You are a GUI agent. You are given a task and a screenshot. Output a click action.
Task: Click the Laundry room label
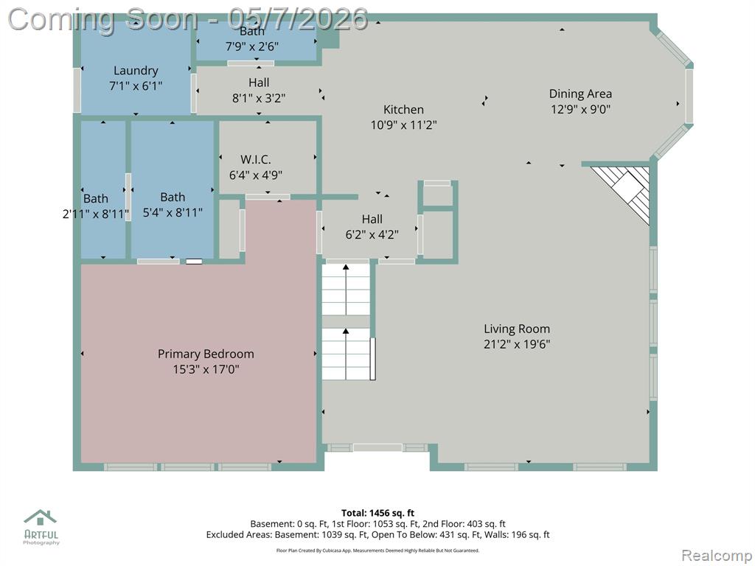coord(136,71)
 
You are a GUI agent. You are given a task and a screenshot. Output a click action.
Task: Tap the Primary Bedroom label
coord(206,354)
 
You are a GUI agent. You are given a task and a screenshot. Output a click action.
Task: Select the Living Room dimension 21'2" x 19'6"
coord(517,344)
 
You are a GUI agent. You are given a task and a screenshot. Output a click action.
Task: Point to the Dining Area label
coord(580,94)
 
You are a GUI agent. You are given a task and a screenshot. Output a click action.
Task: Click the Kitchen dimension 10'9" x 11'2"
coord(403,125)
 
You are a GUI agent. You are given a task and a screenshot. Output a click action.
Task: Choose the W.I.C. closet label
coord(256,159)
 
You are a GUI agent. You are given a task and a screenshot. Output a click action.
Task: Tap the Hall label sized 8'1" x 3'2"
coord(259,83)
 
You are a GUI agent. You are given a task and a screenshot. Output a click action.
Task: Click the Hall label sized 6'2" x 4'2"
coord(372,220)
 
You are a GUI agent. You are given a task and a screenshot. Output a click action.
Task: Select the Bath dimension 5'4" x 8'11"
coord(173,212)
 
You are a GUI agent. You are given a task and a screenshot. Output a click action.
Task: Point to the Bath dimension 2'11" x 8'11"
coord(96,214)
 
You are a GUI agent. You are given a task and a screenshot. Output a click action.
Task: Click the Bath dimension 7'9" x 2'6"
coord(252,46)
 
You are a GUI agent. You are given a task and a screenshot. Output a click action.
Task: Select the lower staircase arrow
coord(346,354)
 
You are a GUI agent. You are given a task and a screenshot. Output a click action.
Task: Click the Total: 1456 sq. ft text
coord(377,513)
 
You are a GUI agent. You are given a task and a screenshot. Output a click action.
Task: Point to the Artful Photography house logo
coord(41,517)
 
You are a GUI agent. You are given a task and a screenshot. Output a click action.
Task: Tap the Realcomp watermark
coord(717,556)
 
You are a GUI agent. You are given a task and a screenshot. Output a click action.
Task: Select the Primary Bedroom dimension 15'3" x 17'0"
coord(206,370)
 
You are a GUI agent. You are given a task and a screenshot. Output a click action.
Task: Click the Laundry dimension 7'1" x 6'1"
coord(136,86)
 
